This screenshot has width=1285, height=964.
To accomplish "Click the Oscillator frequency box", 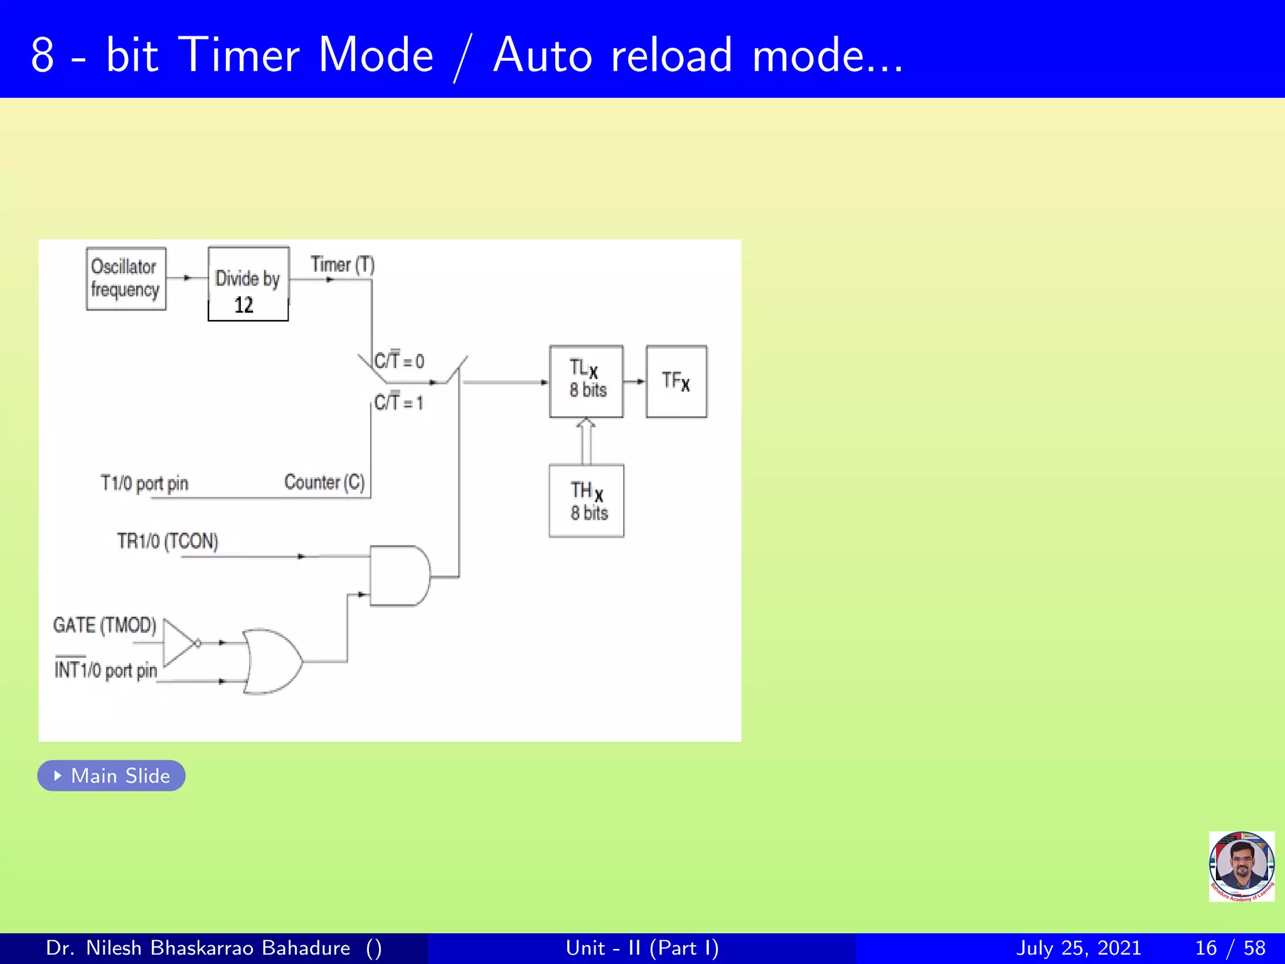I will (125, 279).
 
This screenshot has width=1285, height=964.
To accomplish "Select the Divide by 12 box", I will (248, 284).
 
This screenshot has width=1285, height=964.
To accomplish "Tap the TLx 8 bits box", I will (586, 381).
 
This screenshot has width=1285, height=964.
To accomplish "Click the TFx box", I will (676, 381).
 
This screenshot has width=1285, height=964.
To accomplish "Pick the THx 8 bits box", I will (586, 501).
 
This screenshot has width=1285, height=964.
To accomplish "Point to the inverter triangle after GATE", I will (179, 643).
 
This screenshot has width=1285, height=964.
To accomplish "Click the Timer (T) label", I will (342, 265).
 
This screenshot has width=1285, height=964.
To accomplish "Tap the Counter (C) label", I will (324, 482).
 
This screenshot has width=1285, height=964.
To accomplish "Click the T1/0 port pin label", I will (144, 483).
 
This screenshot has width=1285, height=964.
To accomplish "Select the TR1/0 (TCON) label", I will (168, 541).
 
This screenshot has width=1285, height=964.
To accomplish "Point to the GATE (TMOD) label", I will (104, 625).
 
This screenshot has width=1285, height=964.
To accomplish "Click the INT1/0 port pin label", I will (105, 670).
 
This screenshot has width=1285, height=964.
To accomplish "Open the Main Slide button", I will (111, 776).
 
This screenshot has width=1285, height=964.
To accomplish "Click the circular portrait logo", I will (1241, 866).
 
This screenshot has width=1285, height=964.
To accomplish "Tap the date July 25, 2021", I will (1078, 948).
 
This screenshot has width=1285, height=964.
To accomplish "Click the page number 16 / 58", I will (1230, 948).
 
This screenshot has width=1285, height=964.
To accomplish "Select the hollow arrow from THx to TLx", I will (585, 441).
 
